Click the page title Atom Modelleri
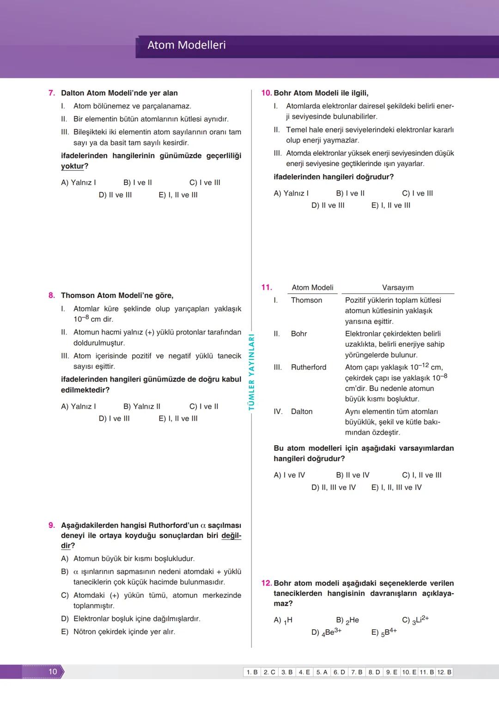click(x=186, y=45)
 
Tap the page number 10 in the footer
click(x=53, y=671)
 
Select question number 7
click(x=52, y=93)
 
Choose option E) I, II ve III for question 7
click(x=178, y=195)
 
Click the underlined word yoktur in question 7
click(x=73, y=167)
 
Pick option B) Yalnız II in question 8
click(x=142, y=406)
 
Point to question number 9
click(x=52, y=525)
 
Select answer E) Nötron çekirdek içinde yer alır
click(x=118, y=632)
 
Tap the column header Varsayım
click(x=398, y=288)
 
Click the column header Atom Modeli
click(x=312, y=288)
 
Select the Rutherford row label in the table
click(x=308, y=367)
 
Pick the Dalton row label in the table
click(x=301, y=412)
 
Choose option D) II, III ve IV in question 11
click(x=333, y=488)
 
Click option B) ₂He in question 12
click(x=347, y=621)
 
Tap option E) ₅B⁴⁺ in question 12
click(x=384, y=632)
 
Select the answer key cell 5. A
click(x=322, y=672)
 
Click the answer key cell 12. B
click(x=444, y=672)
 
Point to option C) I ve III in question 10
click(x=417, y=193)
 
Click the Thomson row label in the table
click(x=306, y=300)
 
